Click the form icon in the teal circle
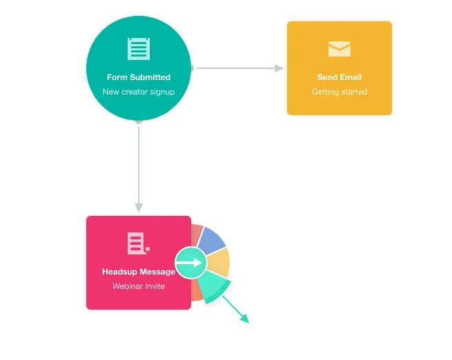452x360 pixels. tap(139, 49)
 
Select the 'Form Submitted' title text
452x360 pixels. tap(139, 77)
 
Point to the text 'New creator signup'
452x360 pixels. tap(139, 92)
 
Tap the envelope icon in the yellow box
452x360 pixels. tap(340, 49)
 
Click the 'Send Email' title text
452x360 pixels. tap(340, 77)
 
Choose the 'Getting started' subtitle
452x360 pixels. tap(340, 92)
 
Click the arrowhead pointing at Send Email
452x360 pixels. tap(279, 68)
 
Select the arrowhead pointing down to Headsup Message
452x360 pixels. tap(139, 208)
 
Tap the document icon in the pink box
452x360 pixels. tap(139, 243)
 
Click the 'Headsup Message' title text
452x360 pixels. tap(139, 272)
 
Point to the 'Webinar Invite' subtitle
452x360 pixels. tap(139, 286)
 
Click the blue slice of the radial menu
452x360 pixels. tap(212, 240)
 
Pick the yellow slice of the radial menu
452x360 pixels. tap(219, 262)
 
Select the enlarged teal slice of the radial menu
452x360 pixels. tap(215, 287)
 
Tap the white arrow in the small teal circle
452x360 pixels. tap(189, 263)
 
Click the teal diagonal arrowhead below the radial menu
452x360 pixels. tap(245, 319)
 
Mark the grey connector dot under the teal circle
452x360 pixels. tap(139, 122)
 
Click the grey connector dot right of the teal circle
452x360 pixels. tap(193, 68)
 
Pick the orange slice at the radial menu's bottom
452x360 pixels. tap(197, 292)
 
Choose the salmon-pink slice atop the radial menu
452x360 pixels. tap(197, 234)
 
